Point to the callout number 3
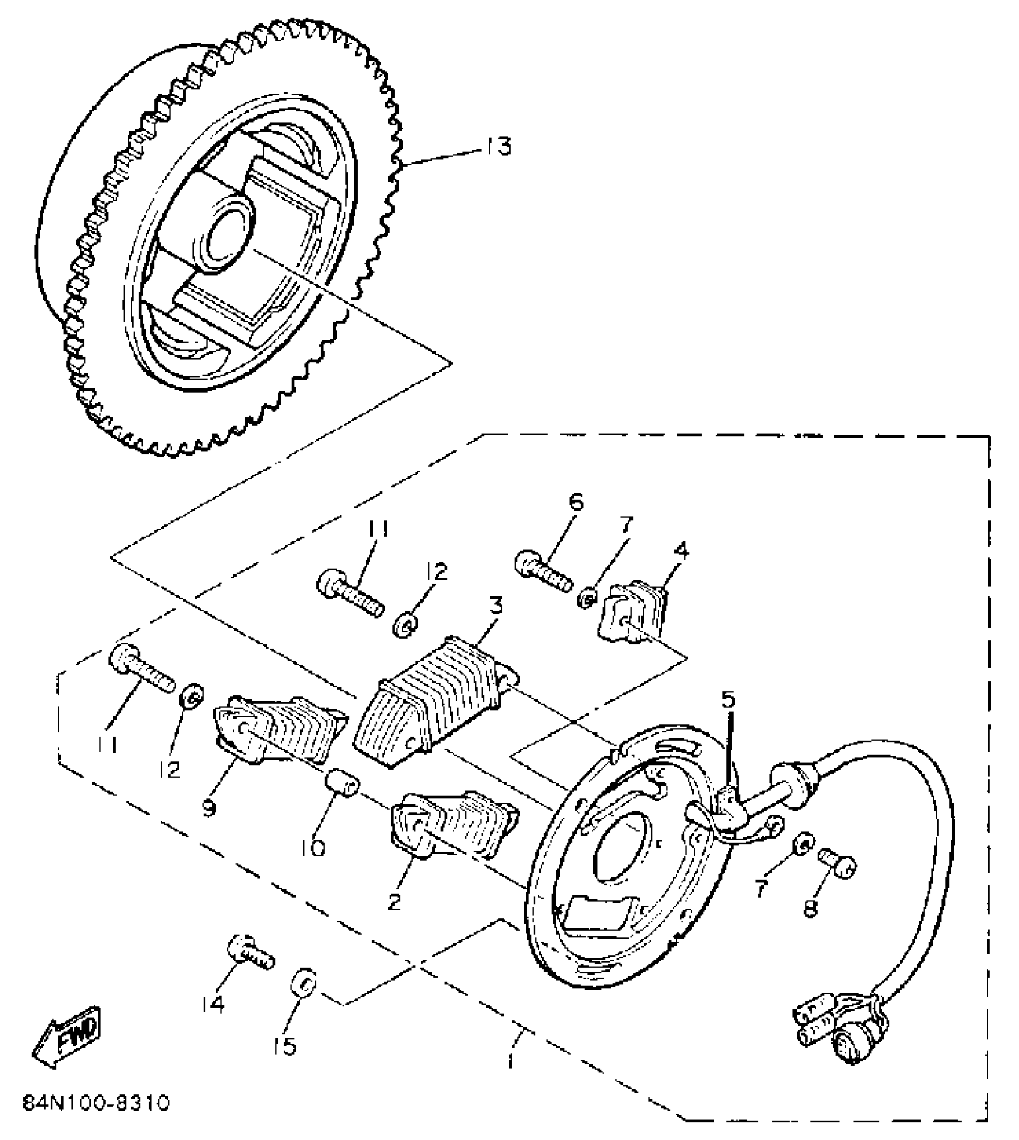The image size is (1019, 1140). coord(495,606)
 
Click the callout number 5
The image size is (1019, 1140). coord(728,700)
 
